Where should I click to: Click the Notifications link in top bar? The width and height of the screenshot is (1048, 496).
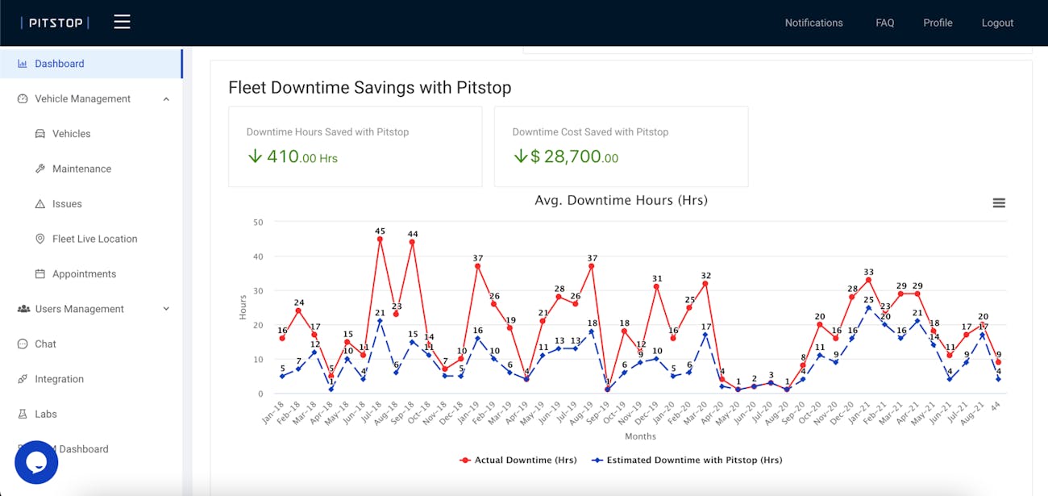(813, 23)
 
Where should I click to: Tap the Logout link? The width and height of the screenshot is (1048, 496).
(997, 23)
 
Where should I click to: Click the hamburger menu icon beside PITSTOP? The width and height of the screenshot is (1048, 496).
(122, 22)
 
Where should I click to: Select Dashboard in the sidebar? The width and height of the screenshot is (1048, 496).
(59, 64)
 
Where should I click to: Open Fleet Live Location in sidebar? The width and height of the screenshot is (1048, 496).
(94, 239)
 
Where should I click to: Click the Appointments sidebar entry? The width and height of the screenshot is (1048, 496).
(84, 274)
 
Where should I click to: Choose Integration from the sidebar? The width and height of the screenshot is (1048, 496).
(59, 379)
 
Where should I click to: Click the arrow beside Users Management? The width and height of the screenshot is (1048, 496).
(166, 309)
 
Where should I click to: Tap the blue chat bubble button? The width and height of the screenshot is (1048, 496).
(36, 462)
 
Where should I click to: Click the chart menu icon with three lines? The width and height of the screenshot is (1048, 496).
(999, 203)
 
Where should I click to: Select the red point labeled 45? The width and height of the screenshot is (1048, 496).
(380, 239)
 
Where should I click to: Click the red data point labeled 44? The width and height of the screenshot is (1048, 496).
(413, 242)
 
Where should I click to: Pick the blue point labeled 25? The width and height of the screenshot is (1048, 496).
(868, 308)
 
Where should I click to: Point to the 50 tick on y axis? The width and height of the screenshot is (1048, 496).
(258, 222)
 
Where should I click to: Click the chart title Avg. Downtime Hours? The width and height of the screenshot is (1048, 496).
(621, 200)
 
